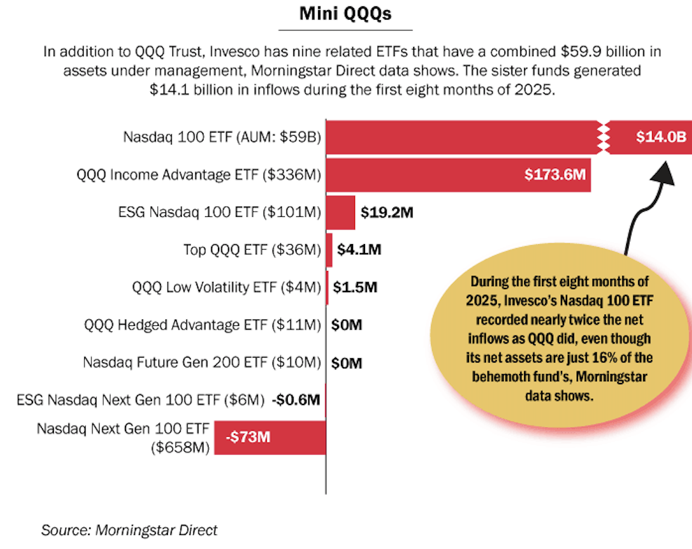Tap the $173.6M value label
click(554, 174)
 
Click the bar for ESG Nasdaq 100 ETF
click(340, 212)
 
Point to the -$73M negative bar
click(269, 437)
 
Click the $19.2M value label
click(387, 212)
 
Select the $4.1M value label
click(359, 250)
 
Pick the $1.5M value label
click(356, 288)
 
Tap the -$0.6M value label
click(295, 400)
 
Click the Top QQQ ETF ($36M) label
click(252, 250)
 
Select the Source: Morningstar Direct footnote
click(129, 529)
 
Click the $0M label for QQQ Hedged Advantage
click(347, 325)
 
